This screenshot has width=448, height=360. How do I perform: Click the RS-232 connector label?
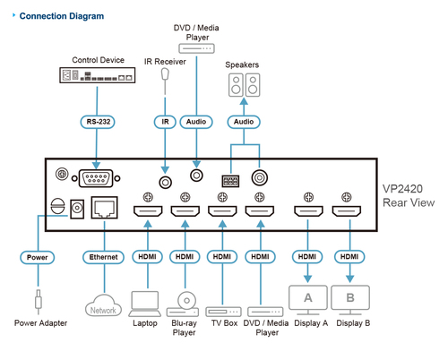[98, 122]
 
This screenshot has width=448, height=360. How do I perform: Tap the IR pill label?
[165, 122]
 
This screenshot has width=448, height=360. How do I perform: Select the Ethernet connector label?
[103, 257]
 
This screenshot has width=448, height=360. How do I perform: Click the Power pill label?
[38, 257]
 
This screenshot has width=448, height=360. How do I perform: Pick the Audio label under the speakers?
[244, 122]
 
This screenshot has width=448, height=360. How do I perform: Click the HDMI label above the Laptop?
[147, 257]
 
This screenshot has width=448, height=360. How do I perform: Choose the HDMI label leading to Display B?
[349, 257]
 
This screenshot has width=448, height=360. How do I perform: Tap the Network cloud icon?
[103, 305]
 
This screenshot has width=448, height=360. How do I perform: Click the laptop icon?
[145, 304]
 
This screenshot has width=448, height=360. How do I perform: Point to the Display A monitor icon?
[308, 300]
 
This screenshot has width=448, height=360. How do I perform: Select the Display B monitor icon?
[350, 300]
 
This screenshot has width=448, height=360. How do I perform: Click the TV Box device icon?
[223, 312]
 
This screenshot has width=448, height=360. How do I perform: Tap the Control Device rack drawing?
[98, 75]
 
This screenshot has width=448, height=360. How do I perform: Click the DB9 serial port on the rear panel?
[96, 178]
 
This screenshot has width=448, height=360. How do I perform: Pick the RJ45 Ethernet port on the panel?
[104, 208]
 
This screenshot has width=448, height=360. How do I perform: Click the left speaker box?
[236, 85]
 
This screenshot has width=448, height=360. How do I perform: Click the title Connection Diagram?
[62, 16]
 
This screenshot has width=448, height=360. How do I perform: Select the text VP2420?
[402, 189]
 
